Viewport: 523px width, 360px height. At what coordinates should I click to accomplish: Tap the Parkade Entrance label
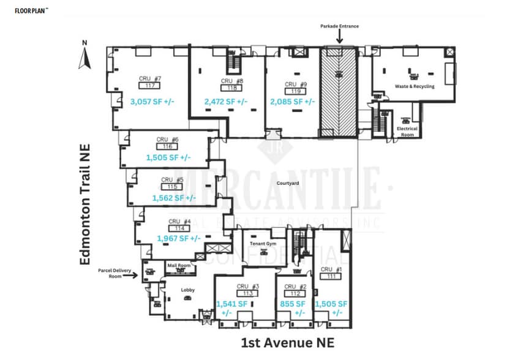(339, 26)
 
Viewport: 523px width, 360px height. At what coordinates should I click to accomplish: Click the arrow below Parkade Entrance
(339, 37)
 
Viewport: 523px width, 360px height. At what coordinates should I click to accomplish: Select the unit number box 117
(149, 86)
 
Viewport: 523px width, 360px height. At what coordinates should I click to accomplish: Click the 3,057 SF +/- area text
(152, 101)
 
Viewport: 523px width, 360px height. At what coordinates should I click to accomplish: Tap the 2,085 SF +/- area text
(293, 102)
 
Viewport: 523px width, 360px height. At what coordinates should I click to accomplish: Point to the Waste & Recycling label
(415, 86)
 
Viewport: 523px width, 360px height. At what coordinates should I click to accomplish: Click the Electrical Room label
(407, 132)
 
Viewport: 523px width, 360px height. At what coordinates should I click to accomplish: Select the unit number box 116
(167, 146)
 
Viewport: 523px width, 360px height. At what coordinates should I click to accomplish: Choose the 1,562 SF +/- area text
(175, 197)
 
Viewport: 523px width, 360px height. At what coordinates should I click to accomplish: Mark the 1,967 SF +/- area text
(179, 238)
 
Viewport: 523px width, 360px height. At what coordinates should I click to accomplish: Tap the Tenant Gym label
(264, 244)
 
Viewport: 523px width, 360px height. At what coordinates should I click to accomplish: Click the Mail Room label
(179, 265)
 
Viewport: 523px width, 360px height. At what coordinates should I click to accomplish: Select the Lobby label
(188, 290)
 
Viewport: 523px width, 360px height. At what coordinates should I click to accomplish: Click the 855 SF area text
(293, 304)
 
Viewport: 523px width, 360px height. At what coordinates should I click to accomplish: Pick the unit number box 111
(331, 277)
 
